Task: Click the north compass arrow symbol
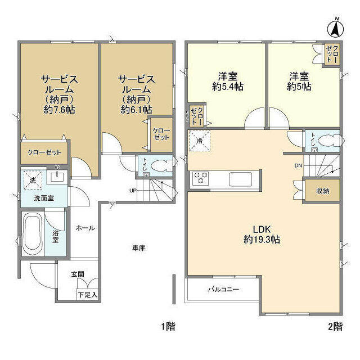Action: (x=336, y=26)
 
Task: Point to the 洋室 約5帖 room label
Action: (x=299, y=82)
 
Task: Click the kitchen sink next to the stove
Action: (x=242, y=179)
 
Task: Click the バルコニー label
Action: (x=223, y=290)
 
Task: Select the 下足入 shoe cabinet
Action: (x=88, y=294)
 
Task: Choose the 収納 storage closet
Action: (x=322, y=191)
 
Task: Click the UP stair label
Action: (x=133, y=190)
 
